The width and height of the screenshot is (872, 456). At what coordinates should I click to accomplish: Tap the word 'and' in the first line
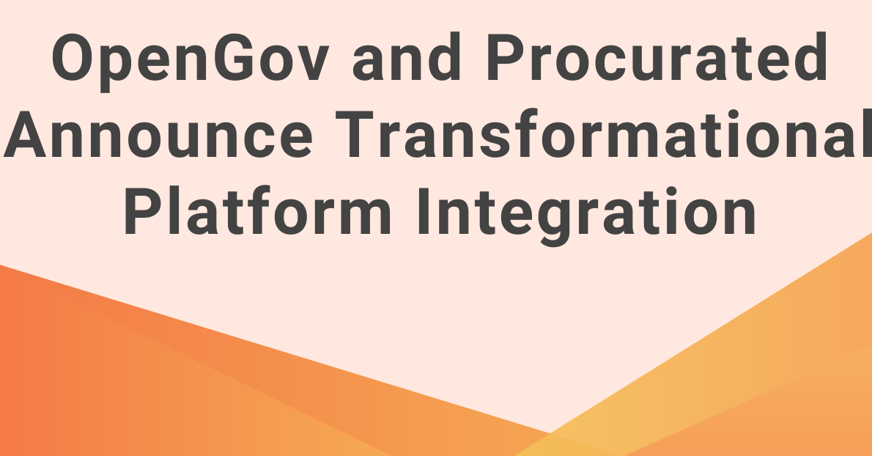point(406,56)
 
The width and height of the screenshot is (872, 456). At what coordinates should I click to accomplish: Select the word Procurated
point(657,56)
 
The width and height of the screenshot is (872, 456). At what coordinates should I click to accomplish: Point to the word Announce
point(158,135)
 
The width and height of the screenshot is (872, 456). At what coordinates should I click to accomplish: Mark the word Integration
point(587,216)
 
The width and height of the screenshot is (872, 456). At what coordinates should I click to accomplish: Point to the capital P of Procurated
point(507,56)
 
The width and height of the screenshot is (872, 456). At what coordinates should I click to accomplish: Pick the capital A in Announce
point(24,135)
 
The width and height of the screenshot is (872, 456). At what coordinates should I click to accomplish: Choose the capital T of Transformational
point(354,135)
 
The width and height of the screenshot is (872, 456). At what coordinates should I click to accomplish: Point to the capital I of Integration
point(424,211)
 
